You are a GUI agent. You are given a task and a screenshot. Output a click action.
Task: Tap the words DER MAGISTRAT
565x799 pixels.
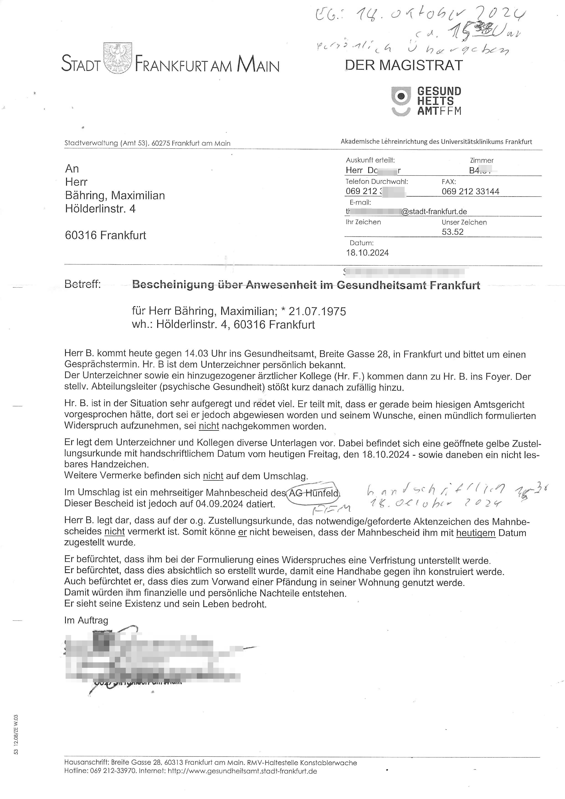[x=403, y=65]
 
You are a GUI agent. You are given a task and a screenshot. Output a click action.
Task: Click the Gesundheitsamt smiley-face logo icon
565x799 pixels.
[x=401, y=101]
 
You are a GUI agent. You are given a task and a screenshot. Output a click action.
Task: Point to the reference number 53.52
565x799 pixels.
[x=452, y=232]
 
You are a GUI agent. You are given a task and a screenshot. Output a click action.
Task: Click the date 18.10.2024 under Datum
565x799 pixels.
[x=367, y=253]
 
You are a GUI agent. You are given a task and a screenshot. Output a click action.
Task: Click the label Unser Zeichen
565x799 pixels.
[x=464, y=222]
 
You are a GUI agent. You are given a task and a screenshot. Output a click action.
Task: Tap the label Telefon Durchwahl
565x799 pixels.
[x=377, y=181]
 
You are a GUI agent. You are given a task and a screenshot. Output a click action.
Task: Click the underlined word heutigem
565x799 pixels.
[x=475, y=533]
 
